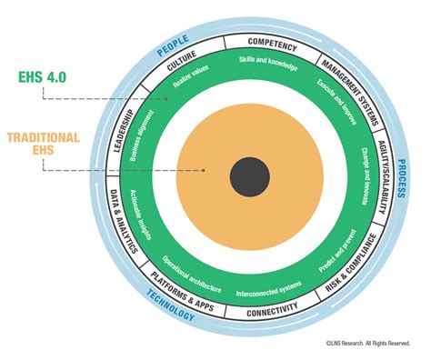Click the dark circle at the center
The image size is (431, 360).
[x=250, y=176]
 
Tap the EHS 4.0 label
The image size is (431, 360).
[x=43, y=77]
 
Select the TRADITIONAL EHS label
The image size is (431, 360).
[x=44, y=144]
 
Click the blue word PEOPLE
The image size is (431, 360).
[x=173, y=45]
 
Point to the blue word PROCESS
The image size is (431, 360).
[x=401, y=179]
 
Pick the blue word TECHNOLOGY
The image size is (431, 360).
[x=170, y=305]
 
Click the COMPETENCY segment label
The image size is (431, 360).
[x=272, y=45]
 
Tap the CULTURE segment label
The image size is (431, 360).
[x=182, y=61]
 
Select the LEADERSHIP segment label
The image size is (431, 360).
[x=124, y=131]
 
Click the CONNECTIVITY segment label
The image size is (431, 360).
[x=272, y=310]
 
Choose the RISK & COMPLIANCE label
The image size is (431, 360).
[x=351, y=263]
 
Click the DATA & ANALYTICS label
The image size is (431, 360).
[x=124, y=222]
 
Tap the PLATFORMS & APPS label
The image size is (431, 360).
[x=183, y=292]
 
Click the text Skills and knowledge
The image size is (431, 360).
[x=268, y=63]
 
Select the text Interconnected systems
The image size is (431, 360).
[x=269, y=289]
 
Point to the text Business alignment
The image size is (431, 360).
[x=142, y=135]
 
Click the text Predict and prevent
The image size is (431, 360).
[x=337, y=251]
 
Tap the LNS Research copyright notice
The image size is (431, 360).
[x=368, y=344]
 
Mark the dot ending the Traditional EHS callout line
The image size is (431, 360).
[x=204, y=170]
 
